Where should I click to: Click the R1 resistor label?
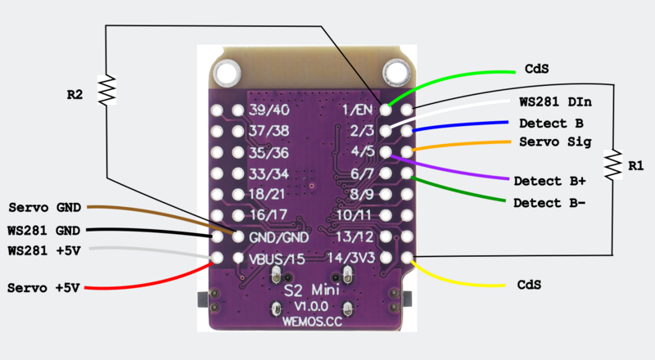coord(635,166)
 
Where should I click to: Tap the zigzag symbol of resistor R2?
coord(107,91)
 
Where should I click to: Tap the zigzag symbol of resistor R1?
coord(612,166)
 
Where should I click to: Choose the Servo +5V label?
coord(42,288)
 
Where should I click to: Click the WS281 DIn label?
coord(556,103)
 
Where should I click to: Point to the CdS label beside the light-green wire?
coord(532,70)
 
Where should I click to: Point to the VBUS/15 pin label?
coord(276,259)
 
